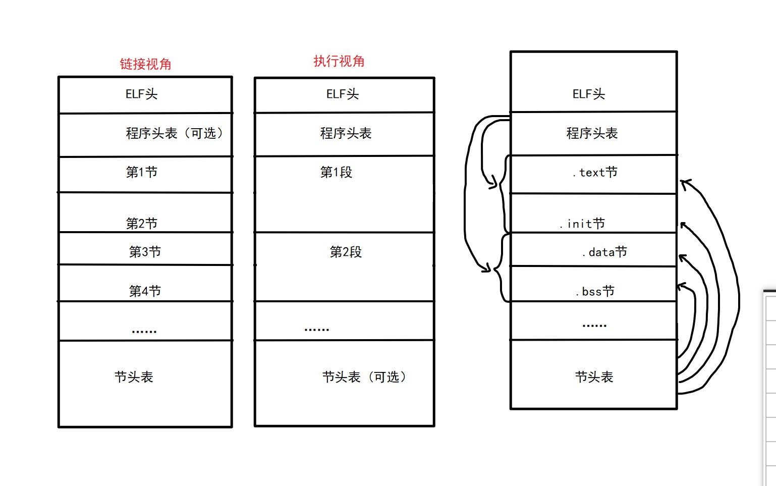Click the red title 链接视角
pyautogui.click(x=145, y=64)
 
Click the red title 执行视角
pyautogui.click(x=339, y=61)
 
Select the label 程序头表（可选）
pyautogui.click(x=175, y=133)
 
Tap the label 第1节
pyautogui.click(x=142, y=172)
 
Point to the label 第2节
pyautogui.click(x=142, y=223)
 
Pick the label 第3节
pyautogui.click(x=145, y=251)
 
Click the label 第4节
pyautogui.click(x=145, y=291)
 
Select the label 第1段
pyautogui.click(x=336, y=172)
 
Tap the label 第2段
pyautogui.click(x=346, y=252)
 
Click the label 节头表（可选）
pyautogui.click(x=364, y=377)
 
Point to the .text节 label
pyautogui.click(x=595, y=173)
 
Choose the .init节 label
pyautogui.click(x=582, y=224)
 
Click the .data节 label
pyautogui.click(x=604, y=252)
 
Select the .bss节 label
pyautogui.click(x=595, y=291)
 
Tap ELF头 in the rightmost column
pyautogui.click(x=588, y=94)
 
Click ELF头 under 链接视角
pyautogui.click(x=141, y=94)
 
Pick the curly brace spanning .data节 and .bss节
pyautogui.click(x=500, y=268)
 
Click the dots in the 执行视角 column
pyautogui.click(x=317, y=330)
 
